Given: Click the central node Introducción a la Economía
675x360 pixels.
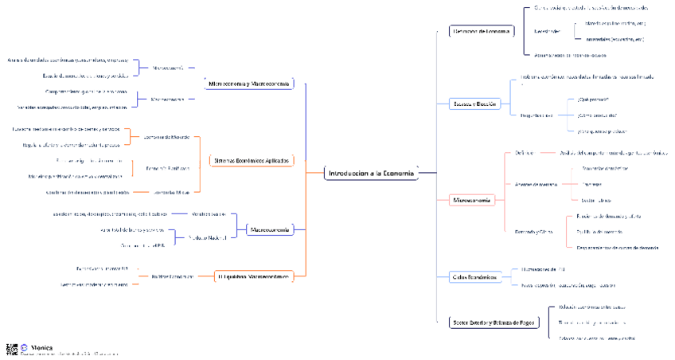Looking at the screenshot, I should tap(371, 174).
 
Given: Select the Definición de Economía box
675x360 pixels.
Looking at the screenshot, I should tap(480, 31).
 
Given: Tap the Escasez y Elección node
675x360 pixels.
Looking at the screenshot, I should tap(475, 104).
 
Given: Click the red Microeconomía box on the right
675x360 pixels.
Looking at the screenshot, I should tap(472, 200).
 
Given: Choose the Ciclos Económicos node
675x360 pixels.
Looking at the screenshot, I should tap(474, 277).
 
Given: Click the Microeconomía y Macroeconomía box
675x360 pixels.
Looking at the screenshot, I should tap(249, 84).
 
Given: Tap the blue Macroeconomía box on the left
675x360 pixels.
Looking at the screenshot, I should tap(270, 229).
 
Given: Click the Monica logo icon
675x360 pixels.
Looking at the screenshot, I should tap(25, 347).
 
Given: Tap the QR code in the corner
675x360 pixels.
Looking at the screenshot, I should tap(11, 349).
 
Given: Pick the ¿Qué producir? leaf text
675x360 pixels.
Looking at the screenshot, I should tap(592, 100).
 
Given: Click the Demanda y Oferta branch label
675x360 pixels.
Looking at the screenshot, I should tap(533, 232).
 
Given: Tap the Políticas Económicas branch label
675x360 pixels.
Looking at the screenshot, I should tap(173, 276).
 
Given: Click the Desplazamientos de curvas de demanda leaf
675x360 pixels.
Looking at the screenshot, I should tap(618, 247).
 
